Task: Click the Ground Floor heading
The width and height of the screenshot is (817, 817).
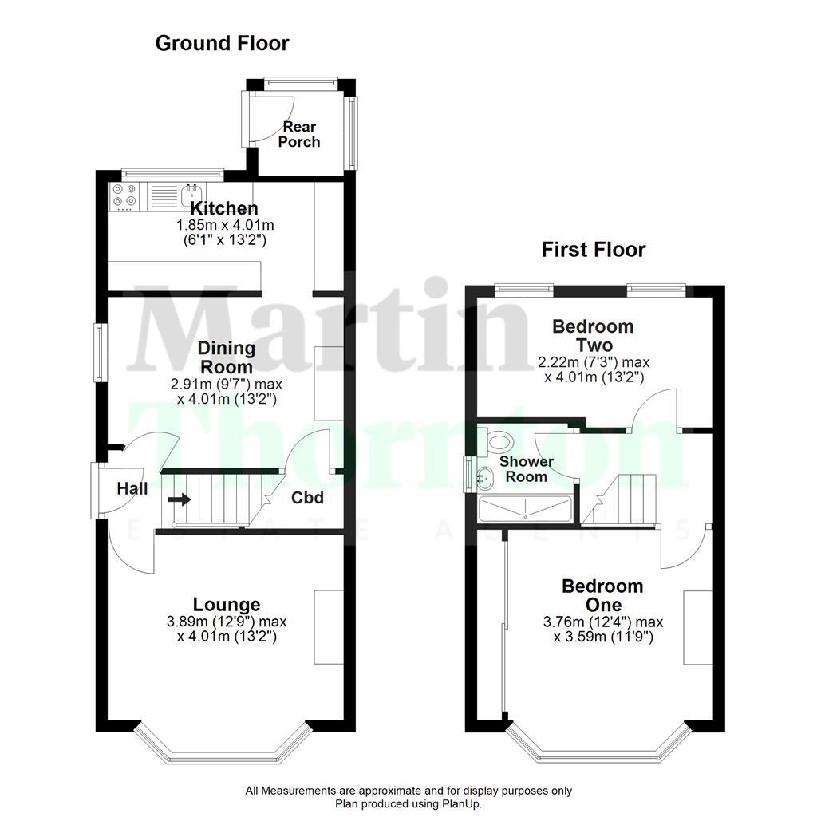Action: pyautogui.click(x=222, y=43)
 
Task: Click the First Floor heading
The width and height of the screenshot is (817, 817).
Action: pyautogui.click(x=594, y=250)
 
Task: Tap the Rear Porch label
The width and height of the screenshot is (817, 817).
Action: pyautogui.click(x=299, y=134)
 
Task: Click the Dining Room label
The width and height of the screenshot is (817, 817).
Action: pyautogui.click(x=227, y=357)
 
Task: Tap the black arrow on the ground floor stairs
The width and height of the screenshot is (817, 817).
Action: pyautogui.click(x=180, y=500)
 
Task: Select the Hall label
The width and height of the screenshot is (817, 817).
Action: pyautogui.click(x=132, y=488)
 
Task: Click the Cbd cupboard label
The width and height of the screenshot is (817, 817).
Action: pyautogui.click(x=307, y=498)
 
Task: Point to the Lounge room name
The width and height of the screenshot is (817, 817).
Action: pyautogui.click(x=227, y=605)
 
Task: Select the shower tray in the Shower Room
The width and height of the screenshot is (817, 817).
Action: pyautogui.click(x=524, y=509)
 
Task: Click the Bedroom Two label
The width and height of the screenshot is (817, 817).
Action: pyautogui.click(x=593, y=336)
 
